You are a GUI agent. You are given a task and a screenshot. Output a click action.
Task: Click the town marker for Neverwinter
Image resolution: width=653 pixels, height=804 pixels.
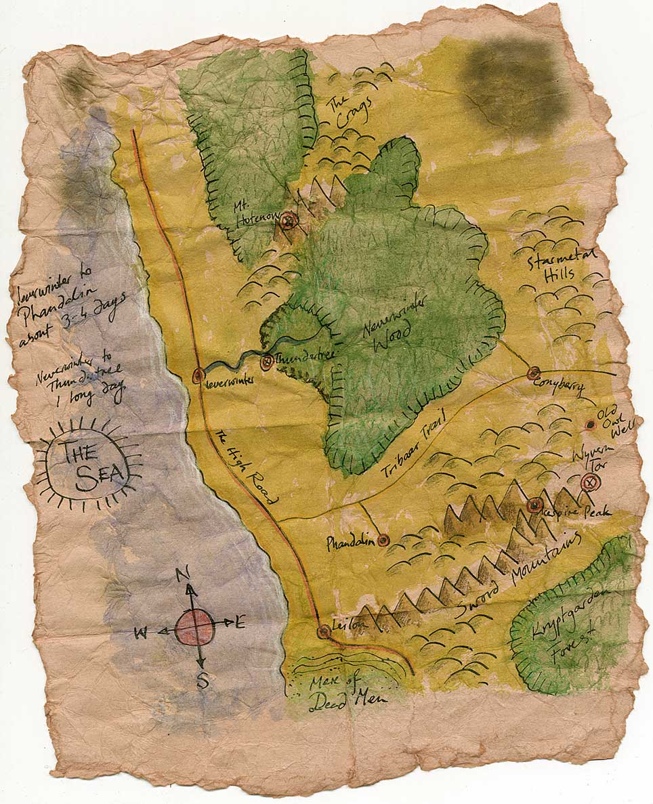(198, 375)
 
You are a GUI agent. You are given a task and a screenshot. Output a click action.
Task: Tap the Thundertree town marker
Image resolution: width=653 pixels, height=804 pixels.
(266, 362)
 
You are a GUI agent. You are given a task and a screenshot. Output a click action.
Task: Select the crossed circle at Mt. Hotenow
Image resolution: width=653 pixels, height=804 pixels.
(289, 220)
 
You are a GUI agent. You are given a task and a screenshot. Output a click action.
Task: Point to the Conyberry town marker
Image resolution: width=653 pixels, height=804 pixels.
(533, 373)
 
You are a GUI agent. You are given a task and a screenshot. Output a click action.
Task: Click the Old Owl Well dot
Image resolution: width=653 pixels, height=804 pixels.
(589, 425)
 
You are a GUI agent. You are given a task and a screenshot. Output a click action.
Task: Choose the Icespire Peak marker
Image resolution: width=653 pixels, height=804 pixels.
(534, 505)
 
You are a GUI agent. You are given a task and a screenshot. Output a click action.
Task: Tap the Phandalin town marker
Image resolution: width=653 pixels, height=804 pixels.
(383, 540)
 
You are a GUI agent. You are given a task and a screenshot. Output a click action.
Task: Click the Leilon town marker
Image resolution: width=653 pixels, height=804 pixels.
(324, 631)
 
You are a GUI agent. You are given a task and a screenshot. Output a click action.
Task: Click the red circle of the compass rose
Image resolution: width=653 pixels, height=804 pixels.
(195, 627)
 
